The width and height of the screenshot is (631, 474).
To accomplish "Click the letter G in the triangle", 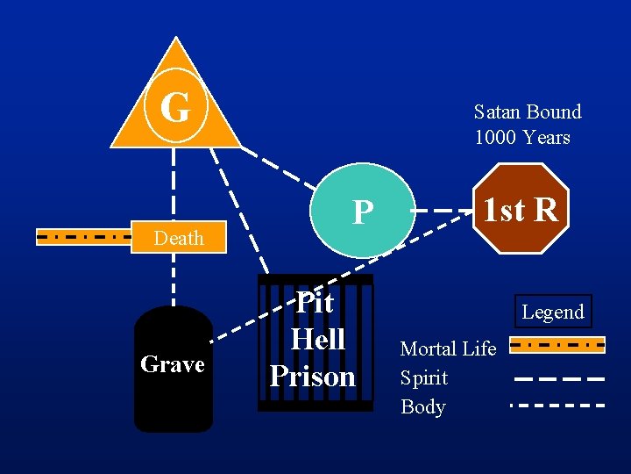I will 175,108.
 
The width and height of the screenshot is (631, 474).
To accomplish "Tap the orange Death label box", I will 179,238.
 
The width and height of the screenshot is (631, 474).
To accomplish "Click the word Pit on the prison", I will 314,302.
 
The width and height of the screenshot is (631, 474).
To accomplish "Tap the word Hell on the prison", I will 317,339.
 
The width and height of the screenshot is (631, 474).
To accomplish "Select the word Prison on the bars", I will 313,376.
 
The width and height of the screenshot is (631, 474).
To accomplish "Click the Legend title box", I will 553,312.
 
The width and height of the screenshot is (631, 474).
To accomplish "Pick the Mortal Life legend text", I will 448,348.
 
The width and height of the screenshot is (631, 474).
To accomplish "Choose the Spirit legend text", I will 424,377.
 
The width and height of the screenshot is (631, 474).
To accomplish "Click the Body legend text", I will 423,406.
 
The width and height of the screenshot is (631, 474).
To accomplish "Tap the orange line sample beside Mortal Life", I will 557,346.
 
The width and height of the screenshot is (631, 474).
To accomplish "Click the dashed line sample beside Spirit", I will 558,379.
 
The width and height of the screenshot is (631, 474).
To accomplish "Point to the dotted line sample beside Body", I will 558,406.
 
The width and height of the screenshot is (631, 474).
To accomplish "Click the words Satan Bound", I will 528,111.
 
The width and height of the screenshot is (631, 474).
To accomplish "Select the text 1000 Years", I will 522,138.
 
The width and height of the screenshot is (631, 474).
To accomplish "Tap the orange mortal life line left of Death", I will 83,236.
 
